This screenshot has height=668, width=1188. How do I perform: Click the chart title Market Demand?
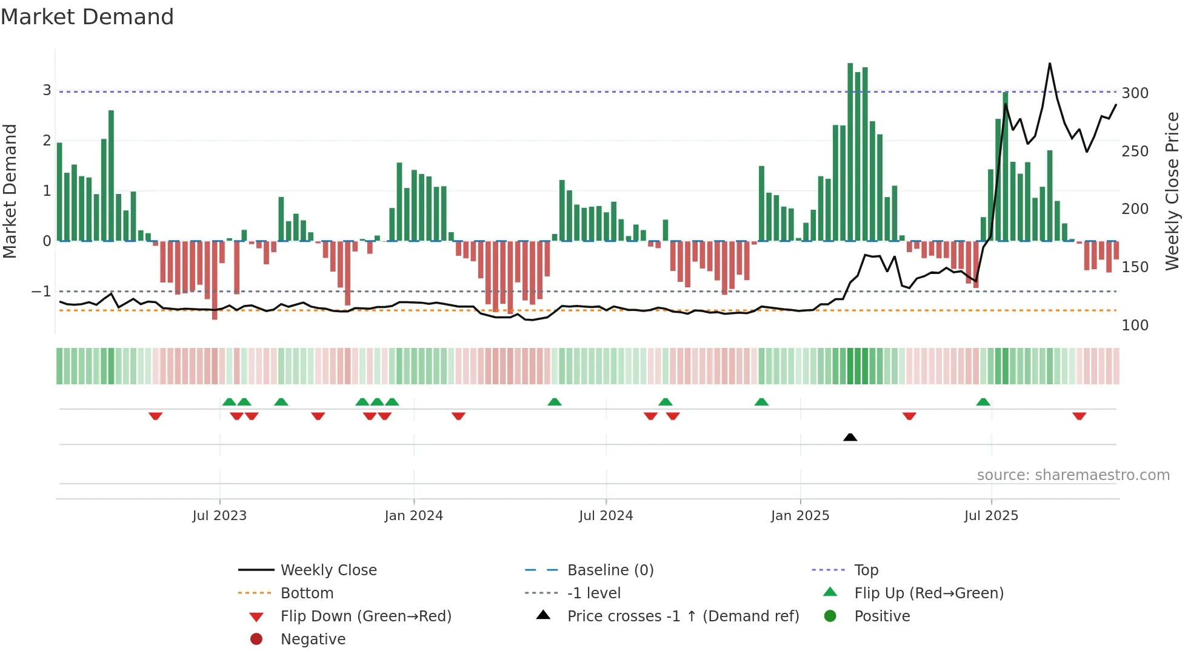click(x=87, y=17)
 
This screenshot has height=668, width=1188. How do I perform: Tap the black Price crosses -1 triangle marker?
click(x=850, y=437)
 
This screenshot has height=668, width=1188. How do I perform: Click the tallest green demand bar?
click(x=850, y=152)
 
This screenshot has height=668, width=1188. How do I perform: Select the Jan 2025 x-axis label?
click(x=799, y=516)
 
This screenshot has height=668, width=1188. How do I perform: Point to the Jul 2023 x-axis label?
click(x=219, y=516)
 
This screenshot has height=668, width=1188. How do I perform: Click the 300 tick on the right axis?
click(x=1135, y=93)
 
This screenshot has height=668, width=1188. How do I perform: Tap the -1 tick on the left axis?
click(x=41, y=292)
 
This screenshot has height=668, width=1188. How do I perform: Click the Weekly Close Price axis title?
click(x=1172, y=191)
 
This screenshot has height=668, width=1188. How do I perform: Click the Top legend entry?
click(x=866, y=570)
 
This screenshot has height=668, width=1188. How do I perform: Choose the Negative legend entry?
click(x=313, y=640)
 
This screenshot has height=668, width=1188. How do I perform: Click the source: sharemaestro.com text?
click(x=1073, y=475)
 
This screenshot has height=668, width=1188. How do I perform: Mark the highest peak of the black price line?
click(x=1049, y=64)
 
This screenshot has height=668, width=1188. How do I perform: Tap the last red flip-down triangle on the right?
click(x=1079, y=416)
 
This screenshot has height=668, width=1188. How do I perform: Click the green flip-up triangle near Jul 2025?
click(x=983, y=402)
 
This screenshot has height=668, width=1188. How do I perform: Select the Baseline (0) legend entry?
click(x=610, y=570)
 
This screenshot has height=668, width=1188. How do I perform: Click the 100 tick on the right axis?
click(x=1135, y=326)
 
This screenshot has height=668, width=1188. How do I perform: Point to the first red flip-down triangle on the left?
click(x=155, y=416)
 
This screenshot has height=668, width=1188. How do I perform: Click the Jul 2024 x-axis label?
click(x=606, y=516)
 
